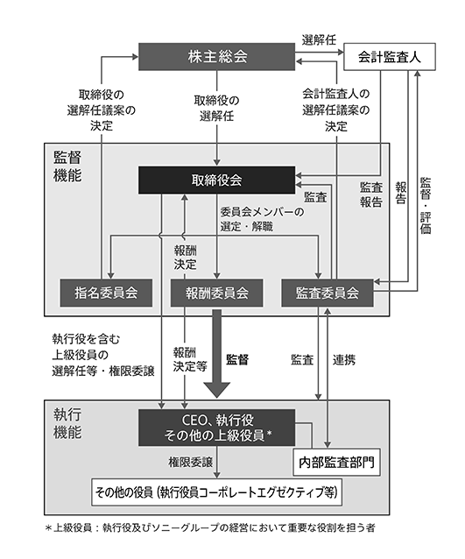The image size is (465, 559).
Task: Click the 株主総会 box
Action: tap(216, 57)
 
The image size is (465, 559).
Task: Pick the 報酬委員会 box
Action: tap(216, 294)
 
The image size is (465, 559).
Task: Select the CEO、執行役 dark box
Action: tap(216, 427)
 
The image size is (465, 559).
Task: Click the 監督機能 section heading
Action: tap(67, 166)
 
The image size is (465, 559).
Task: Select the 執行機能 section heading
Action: tap(67, 423)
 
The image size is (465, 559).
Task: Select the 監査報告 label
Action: tap(371, 195)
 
